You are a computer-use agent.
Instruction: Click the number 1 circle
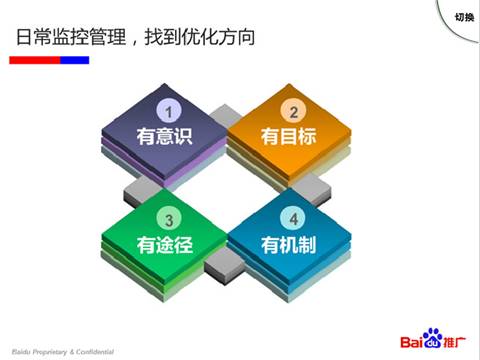(170, 111)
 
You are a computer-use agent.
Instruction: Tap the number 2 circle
(294, 111)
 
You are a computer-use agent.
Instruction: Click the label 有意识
(165, 136)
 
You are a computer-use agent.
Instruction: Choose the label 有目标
(289, 136)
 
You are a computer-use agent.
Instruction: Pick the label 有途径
(165, 244)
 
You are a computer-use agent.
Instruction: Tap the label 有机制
(289, 244)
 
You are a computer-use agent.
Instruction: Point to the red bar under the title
(34, 60)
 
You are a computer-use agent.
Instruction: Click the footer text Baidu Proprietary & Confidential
(62, 352)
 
